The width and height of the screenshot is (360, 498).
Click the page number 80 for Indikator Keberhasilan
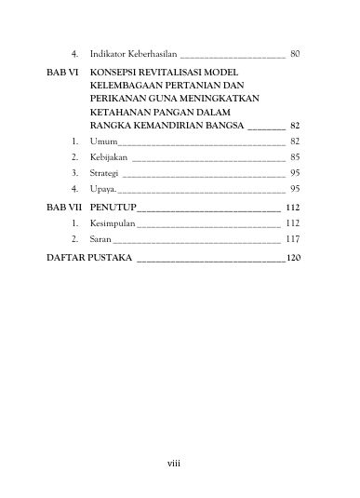coord(295,55)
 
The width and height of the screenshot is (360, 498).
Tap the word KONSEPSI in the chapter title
coord(119,72)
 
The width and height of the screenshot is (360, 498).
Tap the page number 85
coord(295,157)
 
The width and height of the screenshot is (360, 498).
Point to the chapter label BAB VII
coord(63,207)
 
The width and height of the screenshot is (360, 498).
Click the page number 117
coord(293,240)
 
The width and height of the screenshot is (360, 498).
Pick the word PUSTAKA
coord(109,256)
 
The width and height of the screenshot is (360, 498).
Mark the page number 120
coord(294,256)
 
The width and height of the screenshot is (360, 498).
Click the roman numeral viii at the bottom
coord(180,461)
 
